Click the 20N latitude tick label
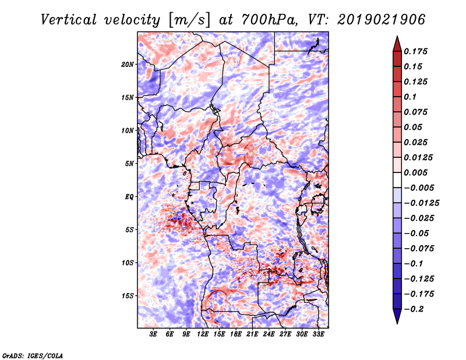click(x=128, y=65)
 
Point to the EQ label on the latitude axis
click(x=129, y=197)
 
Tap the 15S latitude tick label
click(x=128, y=296)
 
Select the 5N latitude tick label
click(x=129, y=164)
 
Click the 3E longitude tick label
click(x=153, y=334)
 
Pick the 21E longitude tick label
click(x=252, y=334)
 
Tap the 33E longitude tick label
click(x=318, y=334)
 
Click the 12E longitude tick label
click(x=203, y=334)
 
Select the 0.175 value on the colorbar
click(x=415, y=51)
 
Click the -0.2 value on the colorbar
click(x=414, y=309)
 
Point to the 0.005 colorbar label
click(x=415, y=172)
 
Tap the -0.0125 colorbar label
click(x=421, y=203)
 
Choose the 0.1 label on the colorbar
click(x=410, y=97)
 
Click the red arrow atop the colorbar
click(x=397, y=44)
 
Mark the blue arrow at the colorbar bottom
click(x=397, y=316)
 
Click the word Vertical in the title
click(x=69, y=20)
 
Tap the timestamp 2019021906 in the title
click(x=382, y=20)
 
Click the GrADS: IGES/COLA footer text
click(x=33, y=355)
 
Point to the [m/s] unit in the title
click(x=189, y=20)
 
